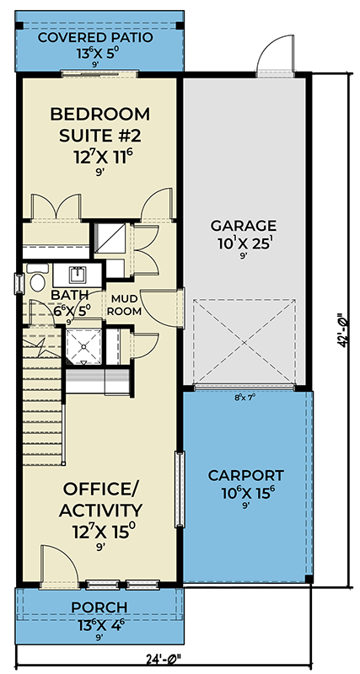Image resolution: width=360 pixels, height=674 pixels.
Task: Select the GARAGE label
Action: [x=243, y=225]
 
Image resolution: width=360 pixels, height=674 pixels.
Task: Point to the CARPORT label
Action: [x=246, y=474]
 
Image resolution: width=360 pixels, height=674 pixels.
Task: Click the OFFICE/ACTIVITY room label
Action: [x=99, y=500]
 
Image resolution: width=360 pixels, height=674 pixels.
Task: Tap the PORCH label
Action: [x=99, y=607]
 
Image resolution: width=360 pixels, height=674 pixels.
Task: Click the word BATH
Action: [x=67, y=294]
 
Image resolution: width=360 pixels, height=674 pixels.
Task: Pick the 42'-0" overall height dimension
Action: [x=341, y=331]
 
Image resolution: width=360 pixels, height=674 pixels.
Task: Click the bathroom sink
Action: [x=77, y=275]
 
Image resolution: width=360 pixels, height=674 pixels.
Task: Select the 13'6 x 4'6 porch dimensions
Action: [x=99, y=623]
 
